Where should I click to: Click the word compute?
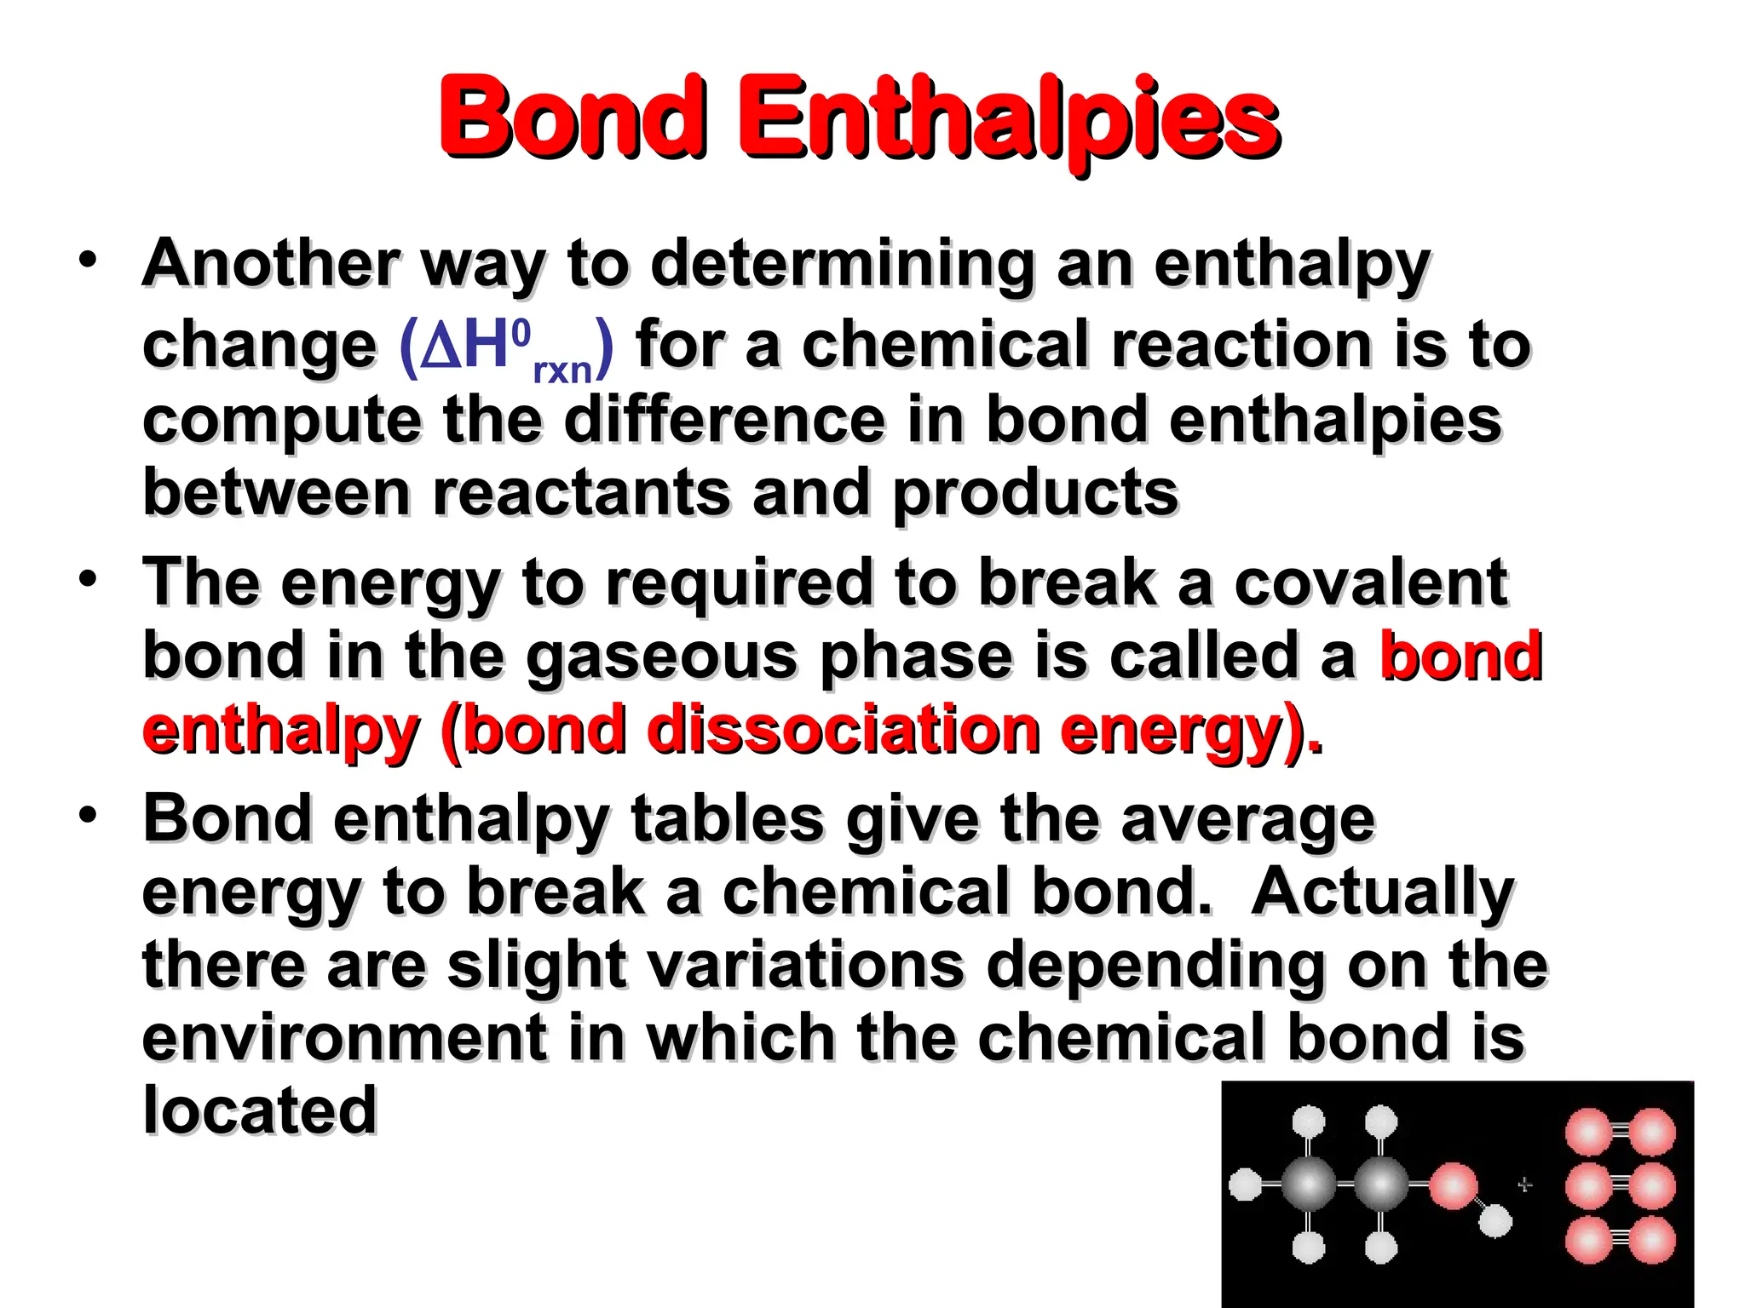coord(281,422)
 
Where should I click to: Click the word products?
coord(1035,495)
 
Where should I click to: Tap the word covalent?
coord(1371,582)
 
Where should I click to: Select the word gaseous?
coord(661,657)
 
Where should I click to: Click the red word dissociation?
coord(844,730)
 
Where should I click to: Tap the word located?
coord(259,1110)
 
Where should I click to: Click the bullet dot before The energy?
coord(87,579)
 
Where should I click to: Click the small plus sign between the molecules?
coord(1524,1185)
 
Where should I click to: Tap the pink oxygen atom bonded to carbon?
coord(1453,1186)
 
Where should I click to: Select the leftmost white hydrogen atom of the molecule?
coord(1246,1185)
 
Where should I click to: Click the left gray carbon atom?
coord(1308,1185)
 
